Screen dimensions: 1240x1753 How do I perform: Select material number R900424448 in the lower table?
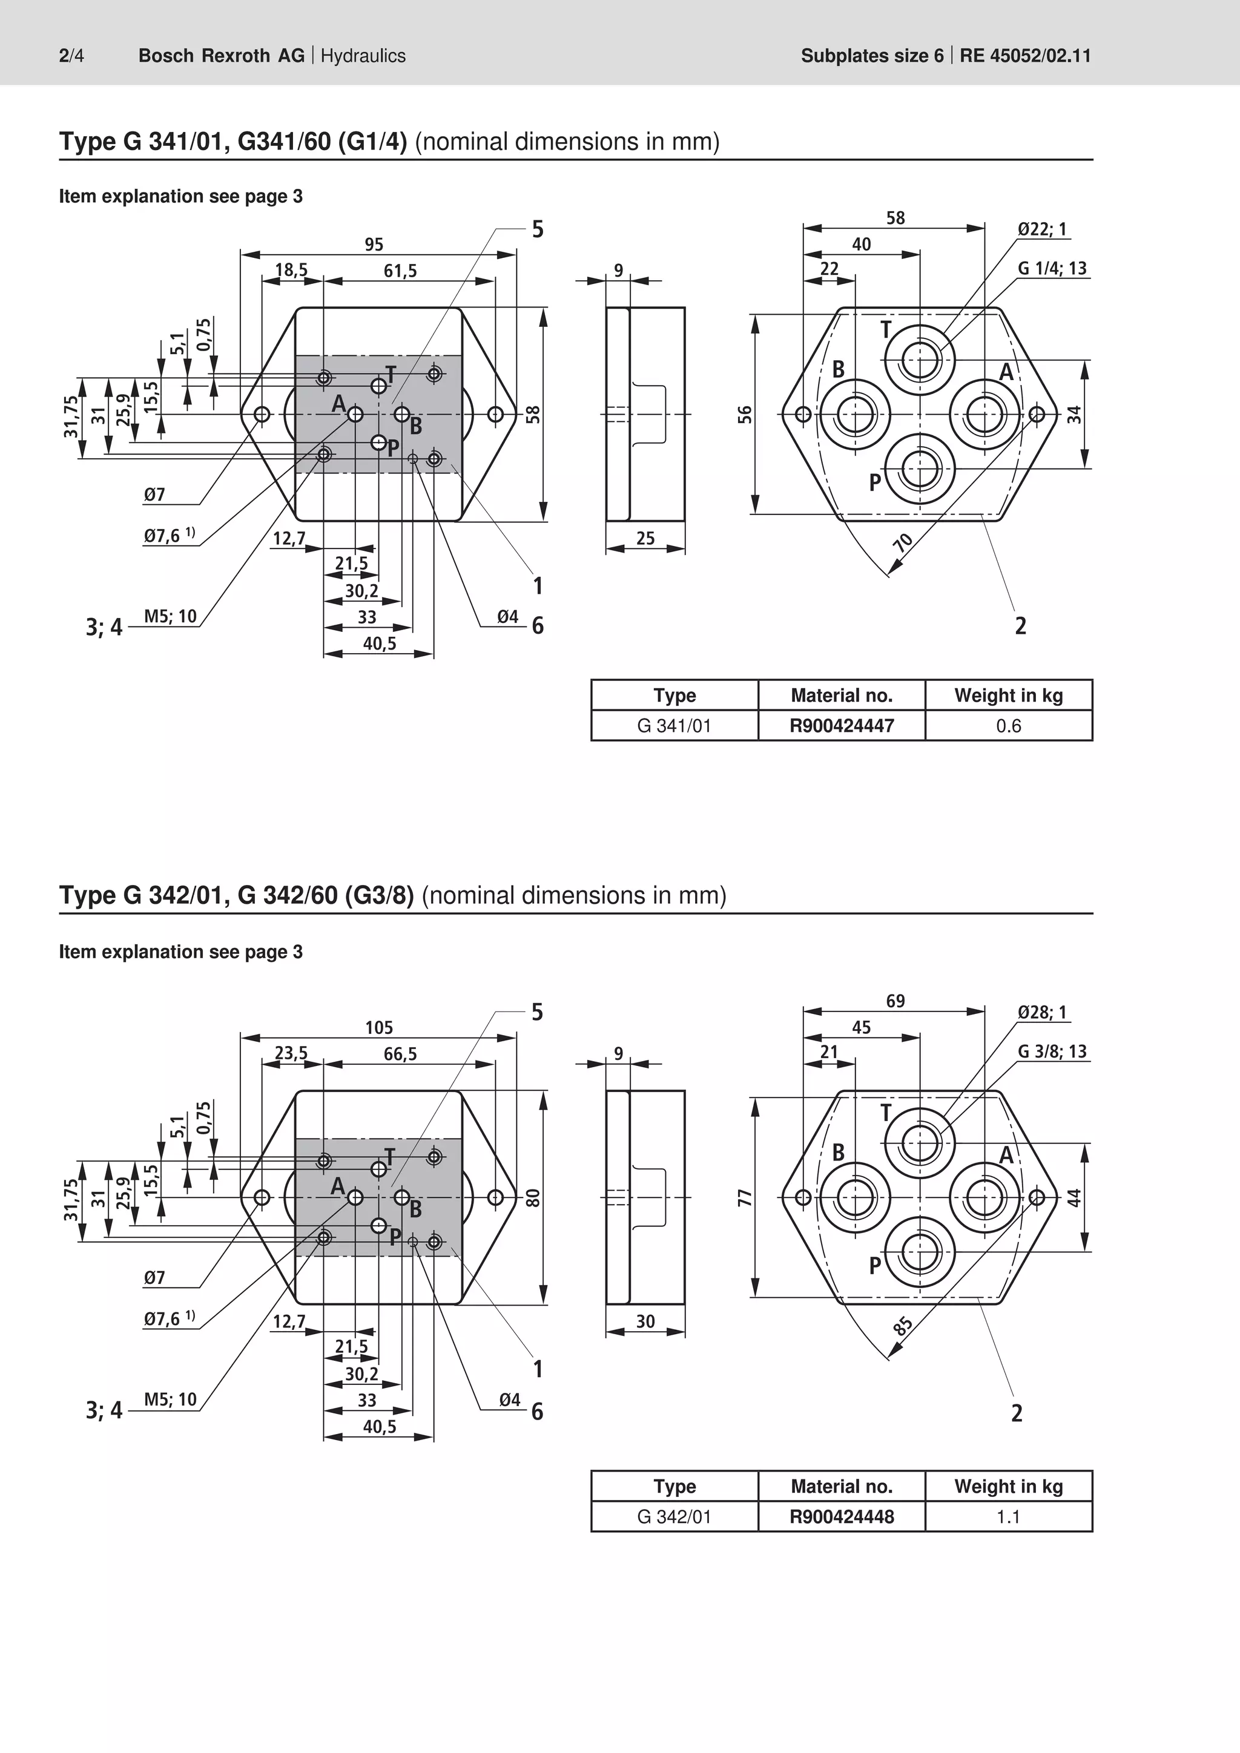coord(842,1516)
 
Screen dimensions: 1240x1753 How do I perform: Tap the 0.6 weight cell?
coord(1008,726)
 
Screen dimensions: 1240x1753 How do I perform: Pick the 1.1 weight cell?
coord(1008,1517)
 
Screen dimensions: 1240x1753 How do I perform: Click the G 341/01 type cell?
coord(674,726)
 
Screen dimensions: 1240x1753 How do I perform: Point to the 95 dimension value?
coord(374,245)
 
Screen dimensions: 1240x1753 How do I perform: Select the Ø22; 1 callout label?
coord(1042,228)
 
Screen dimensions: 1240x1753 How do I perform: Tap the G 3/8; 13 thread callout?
coord(1052,1051)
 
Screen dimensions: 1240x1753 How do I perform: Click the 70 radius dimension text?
coord(903,542)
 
